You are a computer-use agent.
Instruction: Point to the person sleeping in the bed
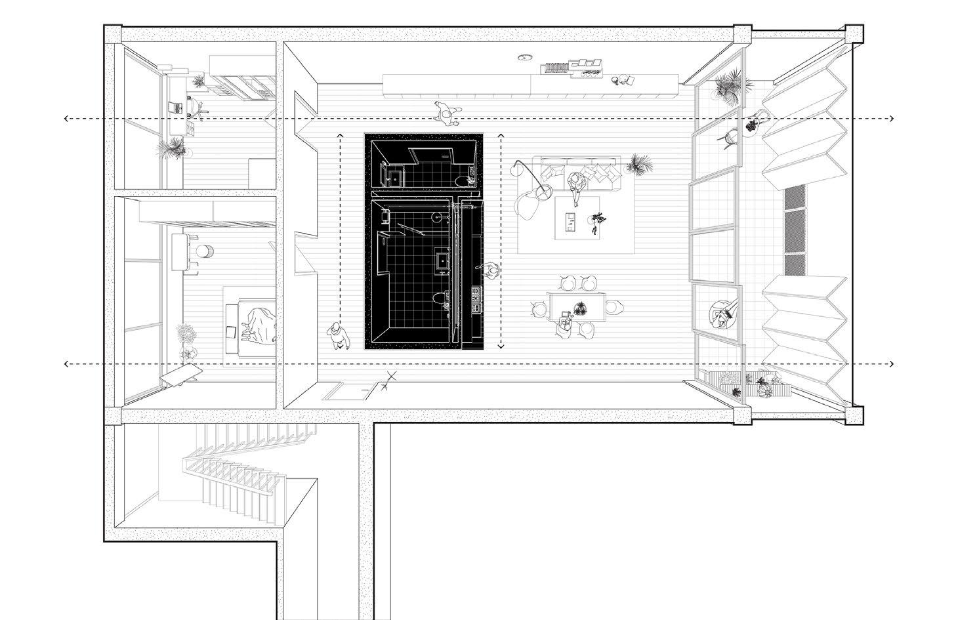pyautogui.click(x=255, y=325)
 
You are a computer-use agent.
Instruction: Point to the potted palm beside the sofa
pyautogui.click(x=636, y=163)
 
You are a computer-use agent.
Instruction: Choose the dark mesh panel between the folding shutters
pyautogui.click(x=795, y=230)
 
